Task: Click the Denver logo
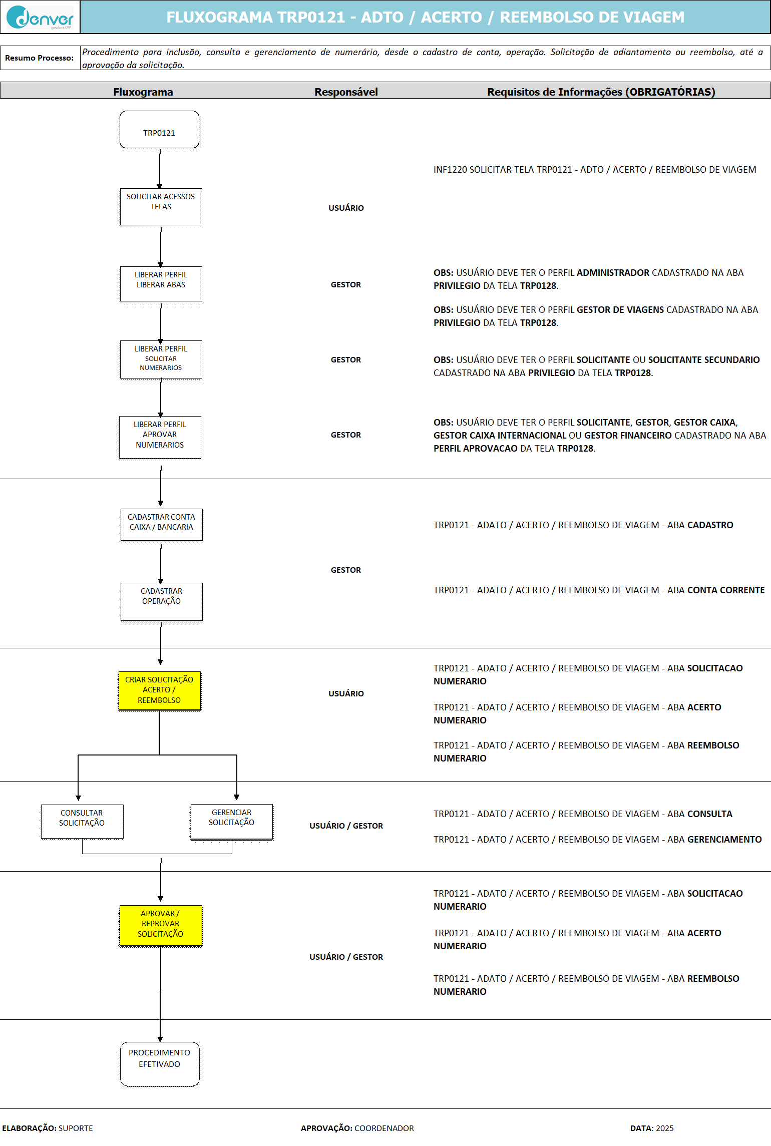click(x=40, y=18)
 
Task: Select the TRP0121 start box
click(x=159, y=130)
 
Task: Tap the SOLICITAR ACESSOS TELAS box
click(x=161, y=206)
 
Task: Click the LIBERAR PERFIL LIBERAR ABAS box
click(x=161, y=284)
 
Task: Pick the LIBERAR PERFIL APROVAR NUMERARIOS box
click(x=160, y=437)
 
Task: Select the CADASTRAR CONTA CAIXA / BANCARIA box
click(x=161, y=524)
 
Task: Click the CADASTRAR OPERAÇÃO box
click(x=161, y=601)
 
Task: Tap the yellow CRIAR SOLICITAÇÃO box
click(x=159, y=690)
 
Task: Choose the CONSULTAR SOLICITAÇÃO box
click(x=82, y=821)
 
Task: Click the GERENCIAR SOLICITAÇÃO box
click(x=231, y=821)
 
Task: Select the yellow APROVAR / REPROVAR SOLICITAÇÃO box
click(x=160, y=925)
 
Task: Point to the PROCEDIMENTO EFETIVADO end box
click(x=160, y=1063)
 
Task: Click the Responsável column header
click(x=346, y=92)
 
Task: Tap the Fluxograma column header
click(x=143, y=92)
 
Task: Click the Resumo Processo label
click(x=39, y=58)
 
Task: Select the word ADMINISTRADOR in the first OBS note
click(x=613, y=273)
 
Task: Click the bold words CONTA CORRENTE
click(x=725, y=590)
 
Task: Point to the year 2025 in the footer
click(x=664, y=1128)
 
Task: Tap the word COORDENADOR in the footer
click(x=384, y=1128)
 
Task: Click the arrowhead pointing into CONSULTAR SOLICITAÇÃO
click(x=78, y=798)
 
